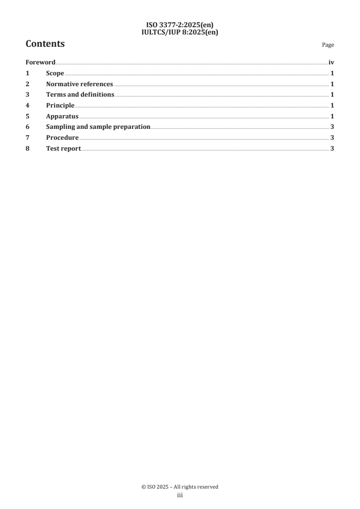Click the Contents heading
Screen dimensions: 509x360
point(45,44)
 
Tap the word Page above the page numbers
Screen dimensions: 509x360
point(328,45)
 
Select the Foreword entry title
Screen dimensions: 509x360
point(40,63)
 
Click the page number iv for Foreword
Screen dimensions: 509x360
point(331,63)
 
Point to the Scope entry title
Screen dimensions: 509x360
point(55,73)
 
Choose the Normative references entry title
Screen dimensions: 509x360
point(79,84)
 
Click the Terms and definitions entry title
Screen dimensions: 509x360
point(80,95)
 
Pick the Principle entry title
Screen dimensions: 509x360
point(60,105)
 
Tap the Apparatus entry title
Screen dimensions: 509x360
point(62,116)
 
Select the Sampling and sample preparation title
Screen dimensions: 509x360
point(98,127)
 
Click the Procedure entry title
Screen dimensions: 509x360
point(62,137)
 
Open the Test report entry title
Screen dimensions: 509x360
point(64,148)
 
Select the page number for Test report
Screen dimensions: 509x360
point(332,148)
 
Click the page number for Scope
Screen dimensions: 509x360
point(332,73)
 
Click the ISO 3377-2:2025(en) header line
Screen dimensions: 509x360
point(180,25)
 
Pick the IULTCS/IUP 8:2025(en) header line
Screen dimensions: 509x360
point(180,32)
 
